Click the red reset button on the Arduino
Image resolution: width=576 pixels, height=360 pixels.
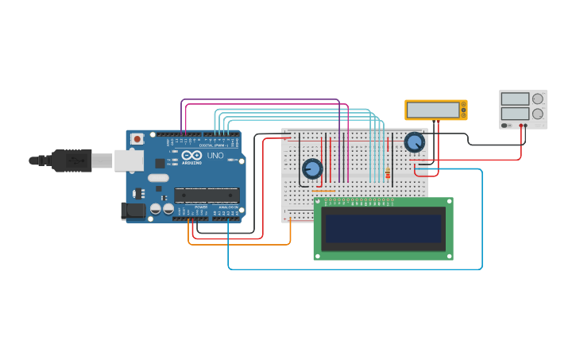137,138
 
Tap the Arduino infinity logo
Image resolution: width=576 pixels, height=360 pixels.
191,156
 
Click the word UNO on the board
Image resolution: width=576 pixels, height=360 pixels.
215,156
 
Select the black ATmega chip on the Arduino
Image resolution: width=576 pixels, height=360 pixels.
207,194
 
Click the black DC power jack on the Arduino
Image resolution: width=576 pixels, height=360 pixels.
133,211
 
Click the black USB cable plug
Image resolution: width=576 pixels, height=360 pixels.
72,161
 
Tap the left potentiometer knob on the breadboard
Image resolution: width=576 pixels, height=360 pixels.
312,168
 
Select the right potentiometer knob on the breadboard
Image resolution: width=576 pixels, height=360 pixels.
414,142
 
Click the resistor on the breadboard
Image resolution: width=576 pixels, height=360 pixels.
388,173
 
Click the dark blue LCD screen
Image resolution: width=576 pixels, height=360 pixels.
383,229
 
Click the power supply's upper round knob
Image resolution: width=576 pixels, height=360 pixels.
538,99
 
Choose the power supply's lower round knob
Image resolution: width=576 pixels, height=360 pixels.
538,114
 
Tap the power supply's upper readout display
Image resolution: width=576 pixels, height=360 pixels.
515,99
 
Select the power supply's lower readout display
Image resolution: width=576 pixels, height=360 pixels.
515,114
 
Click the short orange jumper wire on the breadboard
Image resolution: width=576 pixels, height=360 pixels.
323,191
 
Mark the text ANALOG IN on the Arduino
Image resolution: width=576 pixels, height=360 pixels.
228,207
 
